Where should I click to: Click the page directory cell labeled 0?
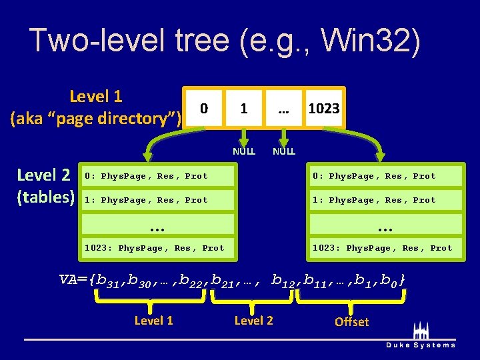[205, 108]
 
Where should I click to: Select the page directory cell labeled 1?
[244, 108]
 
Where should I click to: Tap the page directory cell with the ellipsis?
[283, 108]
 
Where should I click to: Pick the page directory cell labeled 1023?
[324, 108]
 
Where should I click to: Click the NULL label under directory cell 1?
[244, 151]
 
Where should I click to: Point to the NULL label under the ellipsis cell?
[283, 151]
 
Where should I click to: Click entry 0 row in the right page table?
[385, 176]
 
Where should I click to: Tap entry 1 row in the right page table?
[385, 200]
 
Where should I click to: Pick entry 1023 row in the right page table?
[385, 248]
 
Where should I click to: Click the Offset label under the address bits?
[351, 322]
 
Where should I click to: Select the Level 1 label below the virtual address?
[153, 321]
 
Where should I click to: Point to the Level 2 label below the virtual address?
[253, 321]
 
